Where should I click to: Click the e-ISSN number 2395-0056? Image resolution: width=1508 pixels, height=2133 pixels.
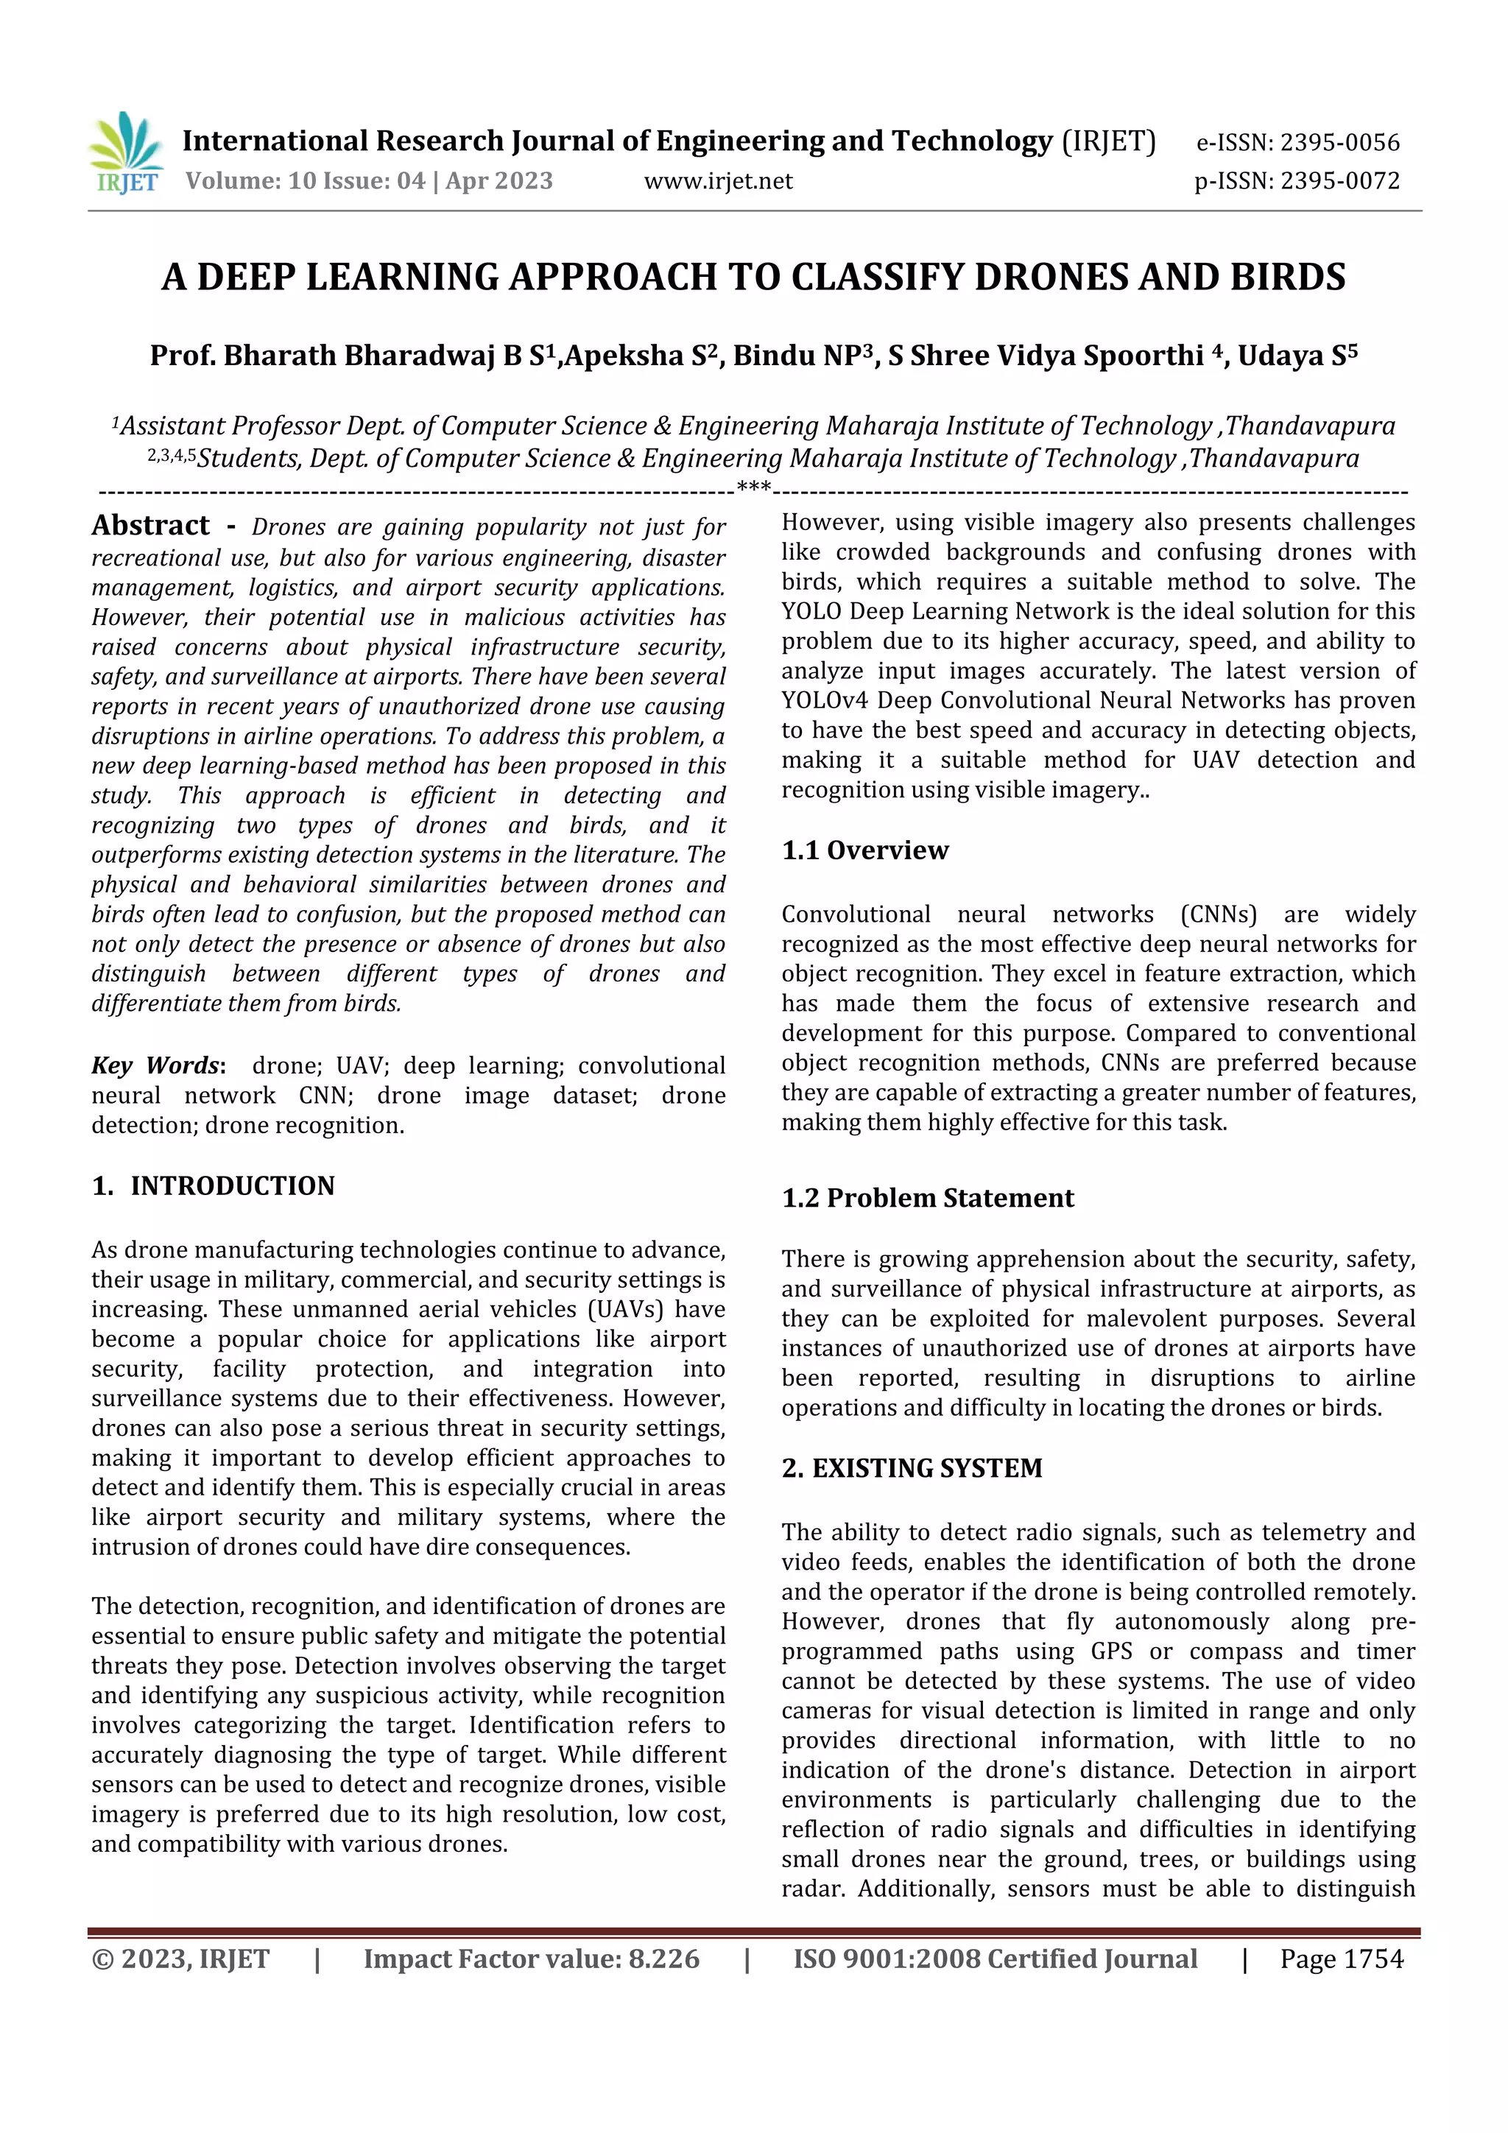1339,143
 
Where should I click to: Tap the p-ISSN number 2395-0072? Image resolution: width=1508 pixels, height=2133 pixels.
1339,181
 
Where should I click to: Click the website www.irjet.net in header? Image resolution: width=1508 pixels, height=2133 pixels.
718,181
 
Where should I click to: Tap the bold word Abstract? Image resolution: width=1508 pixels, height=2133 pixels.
150,526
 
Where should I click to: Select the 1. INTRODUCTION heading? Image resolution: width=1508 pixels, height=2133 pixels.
214,1186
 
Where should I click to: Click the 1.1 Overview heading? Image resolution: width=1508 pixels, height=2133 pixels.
865,850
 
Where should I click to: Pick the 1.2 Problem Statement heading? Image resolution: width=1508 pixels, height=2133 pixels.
927,1199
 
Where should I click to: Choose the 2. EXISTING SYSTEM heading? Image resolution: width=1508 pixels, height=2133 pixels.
912,1468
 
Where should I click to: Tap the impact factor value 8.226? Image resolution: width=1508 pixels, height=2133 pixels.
663,1959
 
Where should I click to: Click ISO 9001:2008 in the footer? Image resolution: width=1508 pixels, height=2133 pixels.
887,1959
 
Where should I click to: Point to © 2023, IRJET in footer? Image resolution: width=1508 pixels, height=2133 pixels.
180,1959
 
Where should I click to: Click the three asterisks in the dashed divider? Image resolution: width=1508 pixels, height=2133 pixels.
753,487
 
